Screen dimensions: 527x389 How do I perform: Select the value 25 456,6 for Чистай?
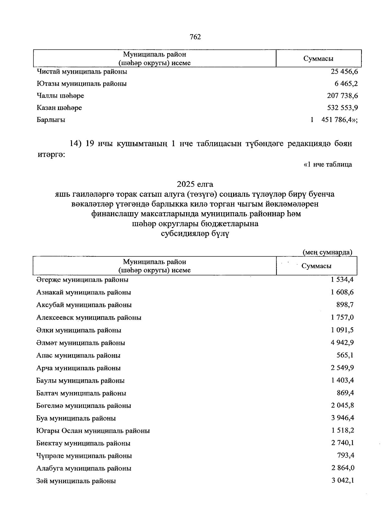point(344,71)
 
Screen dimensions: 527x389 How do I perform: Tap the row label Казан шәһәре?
point(59,108)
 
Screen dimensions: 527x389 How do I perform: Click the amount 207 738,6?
point(342,96)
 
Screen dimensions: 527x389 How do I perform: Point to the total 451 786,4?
point(338,120)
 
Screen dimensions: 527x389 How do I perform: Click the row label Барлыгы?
point(51,120)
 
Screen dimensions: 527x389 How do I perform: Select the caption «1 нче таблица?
point(327,165)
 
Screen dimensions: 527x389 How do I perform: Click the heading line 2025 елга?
point(195,184)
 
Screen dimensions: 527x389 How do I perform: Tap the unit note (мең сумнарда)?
point(327,252)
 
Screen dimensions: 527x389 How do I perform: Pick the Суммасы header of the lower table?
point(316,266)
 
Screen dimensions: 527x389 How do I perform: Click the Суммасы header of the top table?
point(318,59)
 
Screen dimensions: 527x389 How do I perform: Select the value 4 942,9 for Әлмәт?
point(342,343)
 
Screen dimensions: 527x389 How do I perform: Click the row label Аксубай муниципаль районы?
point(84,305)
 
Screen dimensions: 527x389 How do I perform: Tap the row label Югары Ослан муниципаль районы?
point(93,431)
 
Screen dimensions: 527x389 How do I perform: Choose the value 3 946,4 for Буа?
point(342,418)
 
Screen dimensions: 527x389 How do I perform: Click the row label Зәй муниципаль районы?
point(76,481)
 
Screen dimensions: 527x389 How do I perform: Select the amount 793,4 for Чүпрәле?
point(346,456)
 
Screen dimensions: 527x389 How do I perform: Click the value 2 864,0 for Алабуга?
point(343,468)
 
